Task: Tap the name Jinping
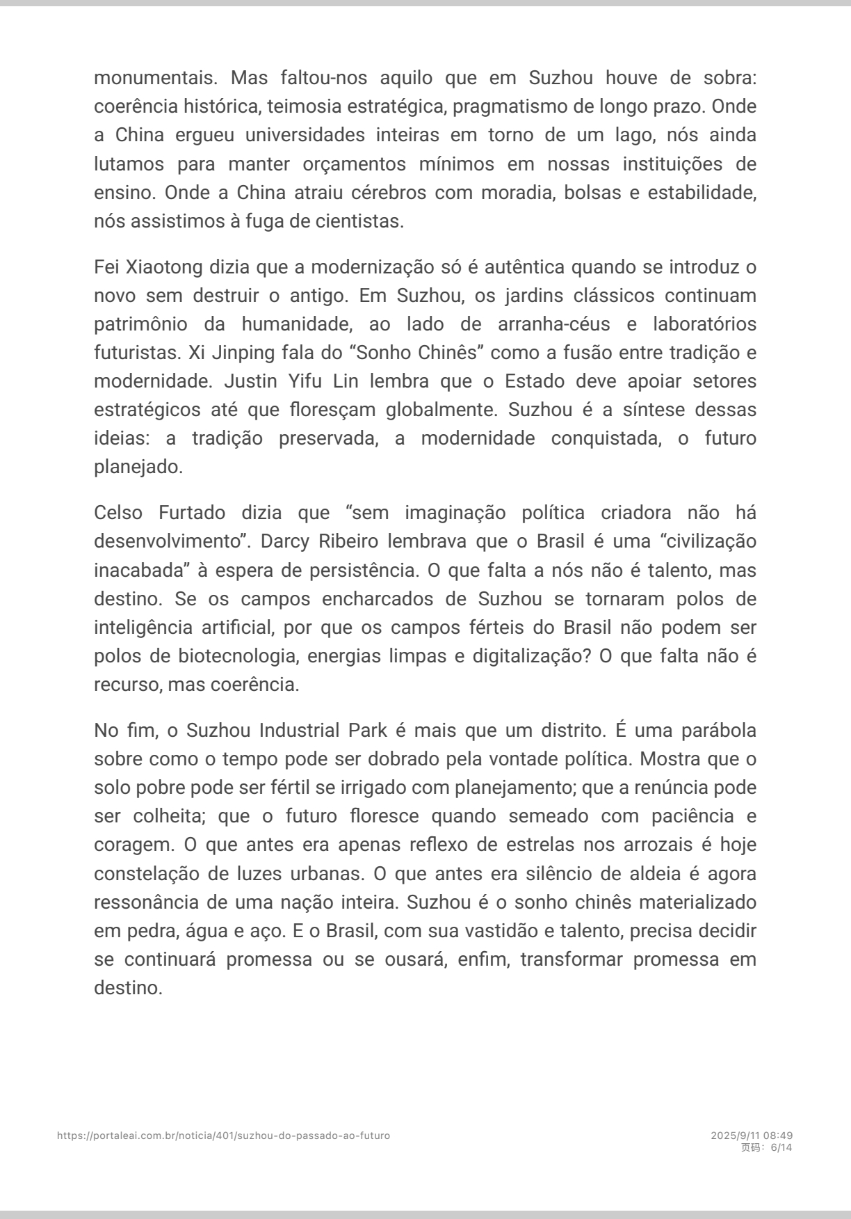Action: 241,353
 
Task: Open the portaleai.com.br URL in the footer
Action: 223,1136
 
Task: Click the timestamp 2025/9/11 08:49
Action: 752,1136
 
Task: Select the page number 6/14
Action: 781,1147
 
